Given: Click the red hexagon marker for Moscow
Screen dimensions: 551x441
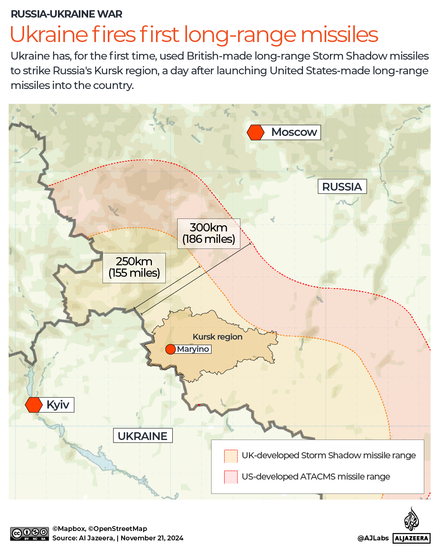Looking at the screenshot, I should click(x=256, y=133).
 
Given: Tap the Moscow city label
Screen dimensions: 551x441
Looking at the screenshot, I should click(x=294, y=132).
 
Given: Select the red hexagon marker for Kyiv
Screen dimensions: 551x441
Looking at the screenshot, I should click(x=34, y=405).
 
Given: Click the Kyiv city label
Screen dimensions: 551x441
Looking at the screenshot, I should click(x=58, y=405).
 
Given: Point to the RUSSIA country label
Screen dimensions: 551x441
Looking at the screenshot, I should click(x=342, y=187).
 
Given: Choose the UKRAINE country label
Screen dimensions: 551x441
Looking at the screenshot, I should click(x=143, y=436).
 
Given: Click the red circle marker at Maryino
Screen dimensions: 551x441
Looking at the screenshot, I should click(x=170, y=349).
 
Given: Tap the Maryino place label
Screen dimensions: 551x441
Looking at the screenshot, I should click(x=193, y=349).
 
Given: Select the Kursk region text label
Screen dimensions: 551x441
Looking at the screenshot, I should click(x=217, y=337).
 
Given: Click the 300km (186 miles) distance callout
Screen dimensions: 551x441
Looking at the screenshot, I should click(x=209, y=233).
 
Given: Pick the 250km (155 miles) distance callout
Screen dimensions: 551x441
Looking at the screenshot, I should click(x=134, y=268).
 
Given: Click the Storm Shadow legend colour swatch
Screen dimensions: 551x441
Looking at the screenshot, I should click(x=231, y=456).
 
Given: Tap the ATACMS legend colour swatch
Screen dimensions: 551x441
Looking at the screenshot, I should click(x=231, y=477).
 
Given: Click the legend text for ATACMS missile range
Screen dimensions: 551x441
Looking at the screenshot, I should click(x=316, y=477).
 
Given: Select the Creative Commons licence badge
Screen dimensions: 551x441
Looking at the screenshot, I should click(x=29, y=534).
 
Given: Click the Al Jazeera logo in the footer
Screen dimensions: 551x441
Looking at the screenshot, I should click(x=412, y=526).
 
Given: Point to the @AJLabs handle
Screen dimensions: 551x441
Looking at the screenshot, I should click(x=373, y=538).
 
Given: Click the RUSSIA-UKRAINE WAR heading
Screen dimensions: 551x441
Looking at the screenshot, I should click(x=67, y=14).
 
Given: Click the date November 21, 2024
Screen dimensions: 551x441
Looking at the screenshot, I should click(x=152, y=538).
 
